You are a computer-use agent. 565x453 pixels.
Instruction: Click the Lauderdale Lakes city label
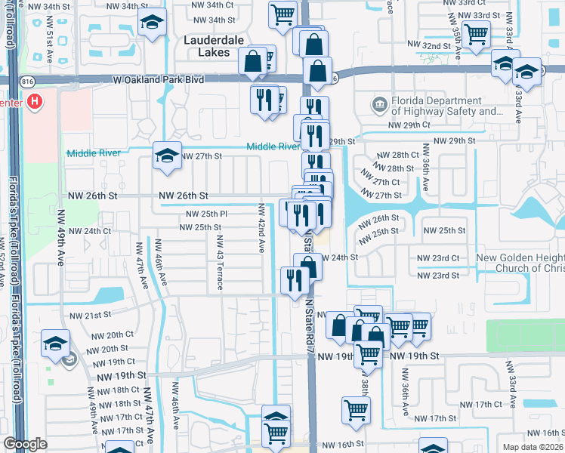[207, 45]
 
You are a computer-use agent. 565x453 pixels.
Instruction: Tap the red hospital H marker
[33, 100]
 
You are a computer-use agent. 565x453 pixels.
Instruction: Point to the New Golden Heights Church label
[520, 263]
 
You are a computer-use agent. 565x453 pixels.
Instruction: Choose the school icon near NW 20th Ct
[56, 343]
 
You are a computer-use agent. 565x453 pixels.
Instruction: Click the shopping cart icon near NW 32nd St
[476, 33]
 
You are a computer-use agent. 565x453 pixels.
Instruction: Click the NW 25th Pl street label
[203, 214]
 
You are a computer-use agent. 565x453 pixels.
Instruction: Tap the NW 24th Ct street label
[90, 231]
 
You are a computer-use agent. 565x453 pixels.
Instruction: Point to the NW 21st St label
[90, 315]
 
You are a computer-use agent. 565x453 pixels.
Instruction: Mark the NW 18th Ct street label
[110, 390]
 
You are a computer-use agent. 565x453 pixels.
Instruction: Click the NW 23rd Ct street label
[438, 258]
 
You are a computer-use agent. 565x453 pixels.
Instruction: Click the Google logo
[25, 444]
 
